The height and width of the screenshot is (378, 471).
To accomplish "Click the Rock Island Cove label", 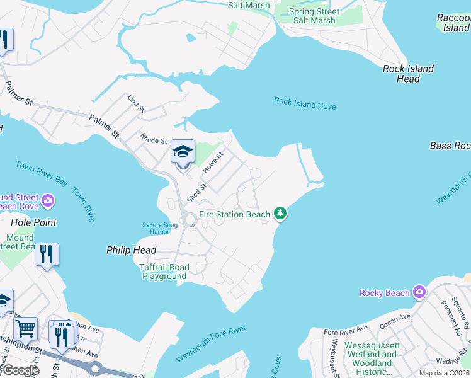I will [305, 103].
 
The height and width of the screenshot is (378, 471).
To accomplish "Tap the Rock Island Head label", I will [408, 74].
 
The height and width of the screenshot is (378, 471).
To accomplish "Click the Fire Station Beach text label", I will [234, 214].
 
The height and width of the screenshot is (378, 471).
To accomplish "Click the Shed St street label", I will [196, 193].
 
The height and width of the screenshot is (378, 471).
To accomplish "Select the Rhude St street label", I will [154, 139].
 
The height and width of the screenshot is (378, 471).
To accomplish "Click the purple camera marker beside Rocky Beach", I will [420, 292].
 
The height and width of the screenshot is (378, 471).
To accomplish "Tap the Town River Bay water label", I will [42, 173].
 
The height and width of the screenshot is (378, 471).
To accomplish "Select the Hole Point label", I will [33, 222].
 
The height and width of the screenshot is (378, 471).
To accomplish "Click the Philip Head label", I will [131, 250].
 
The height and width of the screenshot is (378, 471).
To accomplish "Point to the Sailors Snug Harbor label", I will [156, 228].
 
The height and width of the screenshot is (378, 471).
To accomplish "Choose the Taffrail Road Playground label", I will [164, 272].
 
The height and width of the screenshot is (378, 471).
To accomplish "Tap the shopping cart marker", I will [25, 328].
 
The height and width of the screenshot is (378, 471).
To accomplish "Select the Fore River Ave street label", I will [346, 330].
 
